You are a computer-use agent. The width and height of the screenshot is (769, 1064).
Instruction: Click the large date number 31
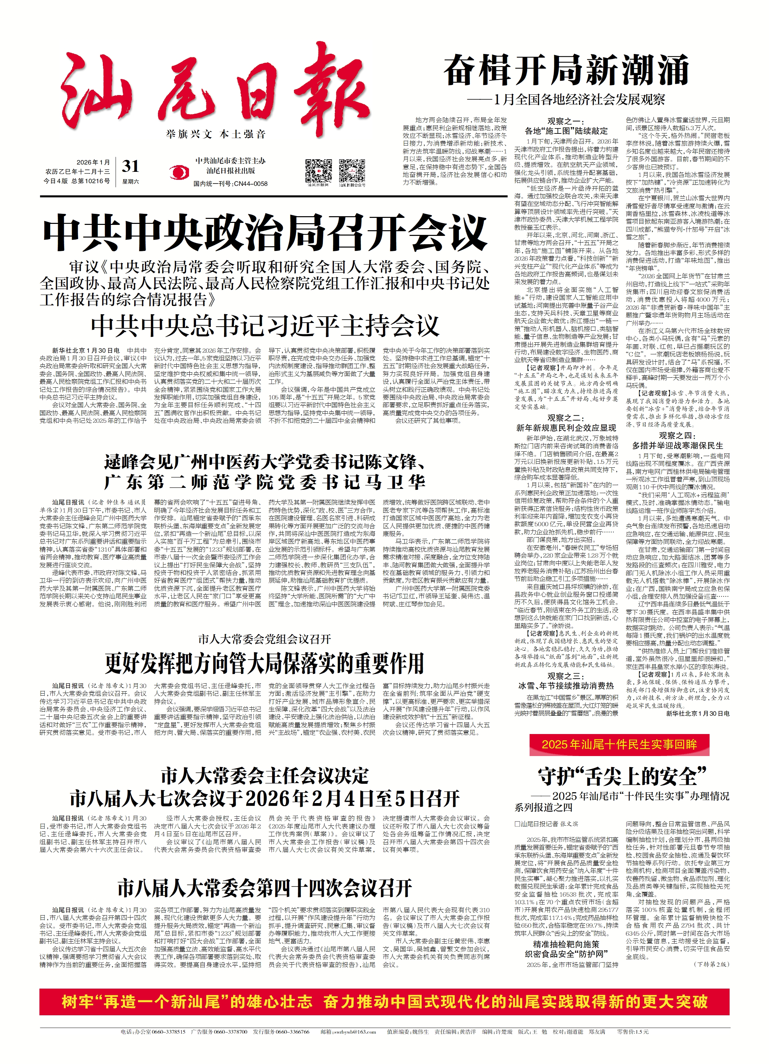131,166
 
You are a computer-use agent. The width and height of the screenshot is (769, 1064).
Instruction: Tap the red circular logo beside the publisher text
177,172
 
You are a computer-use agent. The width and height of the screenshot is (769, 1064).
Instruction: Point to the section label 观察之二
566,417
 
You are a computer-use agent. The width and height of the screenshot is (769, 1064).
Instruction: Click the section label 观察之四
677,436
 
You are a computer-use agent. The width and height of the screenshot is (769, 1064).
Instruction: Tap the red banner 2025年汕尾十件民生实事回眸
619,744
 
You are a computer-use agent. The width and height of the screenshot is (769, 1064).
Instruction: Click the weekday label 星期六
131,181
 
